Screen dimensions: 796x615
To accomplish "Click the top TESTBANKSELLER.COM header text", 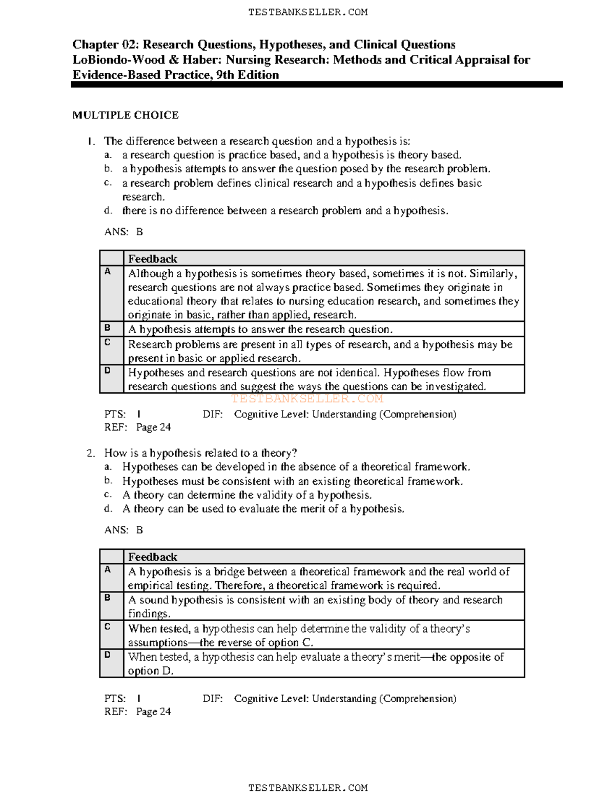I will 307,12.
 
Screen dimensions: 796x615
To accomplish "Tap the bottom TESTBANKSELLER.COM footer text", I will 307,788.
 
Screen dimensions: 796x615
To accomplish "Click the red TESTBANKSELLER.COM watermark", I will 307,399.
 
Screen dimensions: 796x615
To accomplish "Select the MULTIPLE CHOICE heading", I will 126,115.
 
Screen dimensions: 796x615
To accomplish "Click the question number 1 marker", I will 91,141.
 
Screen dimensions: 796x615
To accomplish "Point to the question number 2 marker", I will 91,453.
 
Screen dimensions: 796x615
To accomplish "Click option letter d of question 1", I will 108,211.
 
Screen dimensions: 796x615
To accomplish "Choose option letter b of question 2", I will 108,481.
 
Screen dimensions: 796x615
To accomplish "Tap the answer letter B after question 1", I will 139,232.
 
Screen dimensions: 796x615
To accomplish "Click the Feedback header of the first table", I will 153,259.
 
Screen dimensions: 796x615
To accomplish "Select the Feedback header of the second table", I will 153,557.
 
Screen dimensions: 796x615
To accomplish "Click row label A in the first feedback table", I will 108,272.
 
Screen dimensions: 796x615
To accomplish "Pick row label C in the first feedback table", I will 108,342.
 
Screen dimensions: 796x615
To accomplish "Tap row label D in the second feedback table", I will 108,655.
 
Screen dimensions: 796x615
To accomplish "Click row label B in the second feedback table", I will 108,598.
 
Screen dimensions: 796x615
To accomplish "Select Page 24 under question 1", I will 153,427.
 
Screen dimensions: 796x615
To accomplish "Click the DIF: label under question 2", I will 213,699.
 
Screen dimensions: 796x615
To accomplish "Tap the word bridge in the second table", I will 229,572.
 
